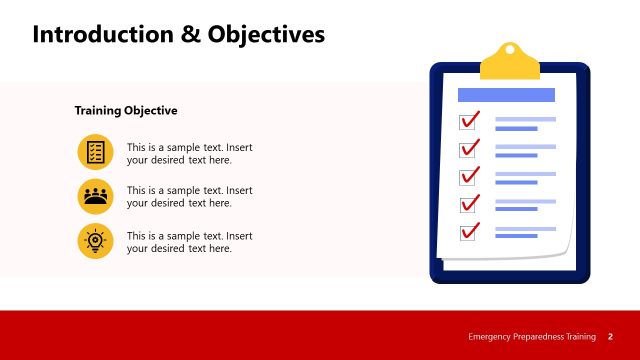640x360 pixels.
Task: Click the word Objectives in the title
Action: click(x=267, y=34)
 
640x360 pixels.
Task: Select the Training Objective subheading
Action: click(x=126, y=111)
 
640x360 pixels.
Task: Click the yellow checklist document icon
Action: click(x=95, y=152)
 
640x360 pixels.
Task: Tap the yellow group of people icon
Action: click(x=95, y=196)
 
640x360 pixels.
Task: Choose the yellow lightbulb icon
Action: click(x=95, y=241)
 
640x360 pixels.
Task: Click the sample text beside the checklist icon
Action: click(x=189, y=153)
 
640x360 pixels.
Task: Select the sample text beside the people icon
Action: click(x=189, y=197)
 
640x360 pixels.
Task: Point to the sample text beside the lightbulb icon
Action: click(x=189, y=242)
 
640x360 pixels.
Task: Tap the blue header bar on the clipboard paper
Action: click(x=506, y=95)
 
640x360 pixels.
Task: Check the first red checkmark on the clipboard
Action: click(x=469, y=121)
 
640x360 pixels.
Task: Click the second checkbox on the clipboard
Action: click(x=468, y=150)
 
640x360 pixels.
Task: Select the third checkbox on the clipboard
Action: click(x=468, y=178)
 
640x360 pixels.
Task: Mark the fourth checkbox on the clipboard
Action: click(x=468, y=205)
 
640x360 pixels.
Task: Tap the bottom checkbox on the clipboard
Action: click(x=468, y=233)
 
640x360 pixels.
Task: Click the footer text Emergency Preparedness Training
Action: click(x=532, y=336)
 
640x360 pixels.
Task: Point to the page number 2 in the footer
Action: click(x=610, y=336)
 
